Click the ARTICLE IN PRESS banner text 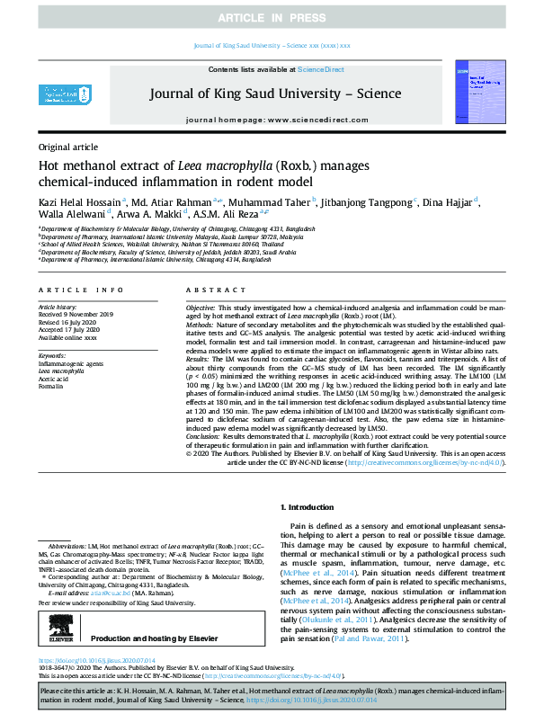267,18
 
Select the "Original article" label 67,147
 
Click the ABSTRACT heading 210,290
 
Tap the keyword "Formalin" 50,388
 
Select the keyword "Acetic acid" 53,379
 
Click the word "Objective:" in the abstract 202,308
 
